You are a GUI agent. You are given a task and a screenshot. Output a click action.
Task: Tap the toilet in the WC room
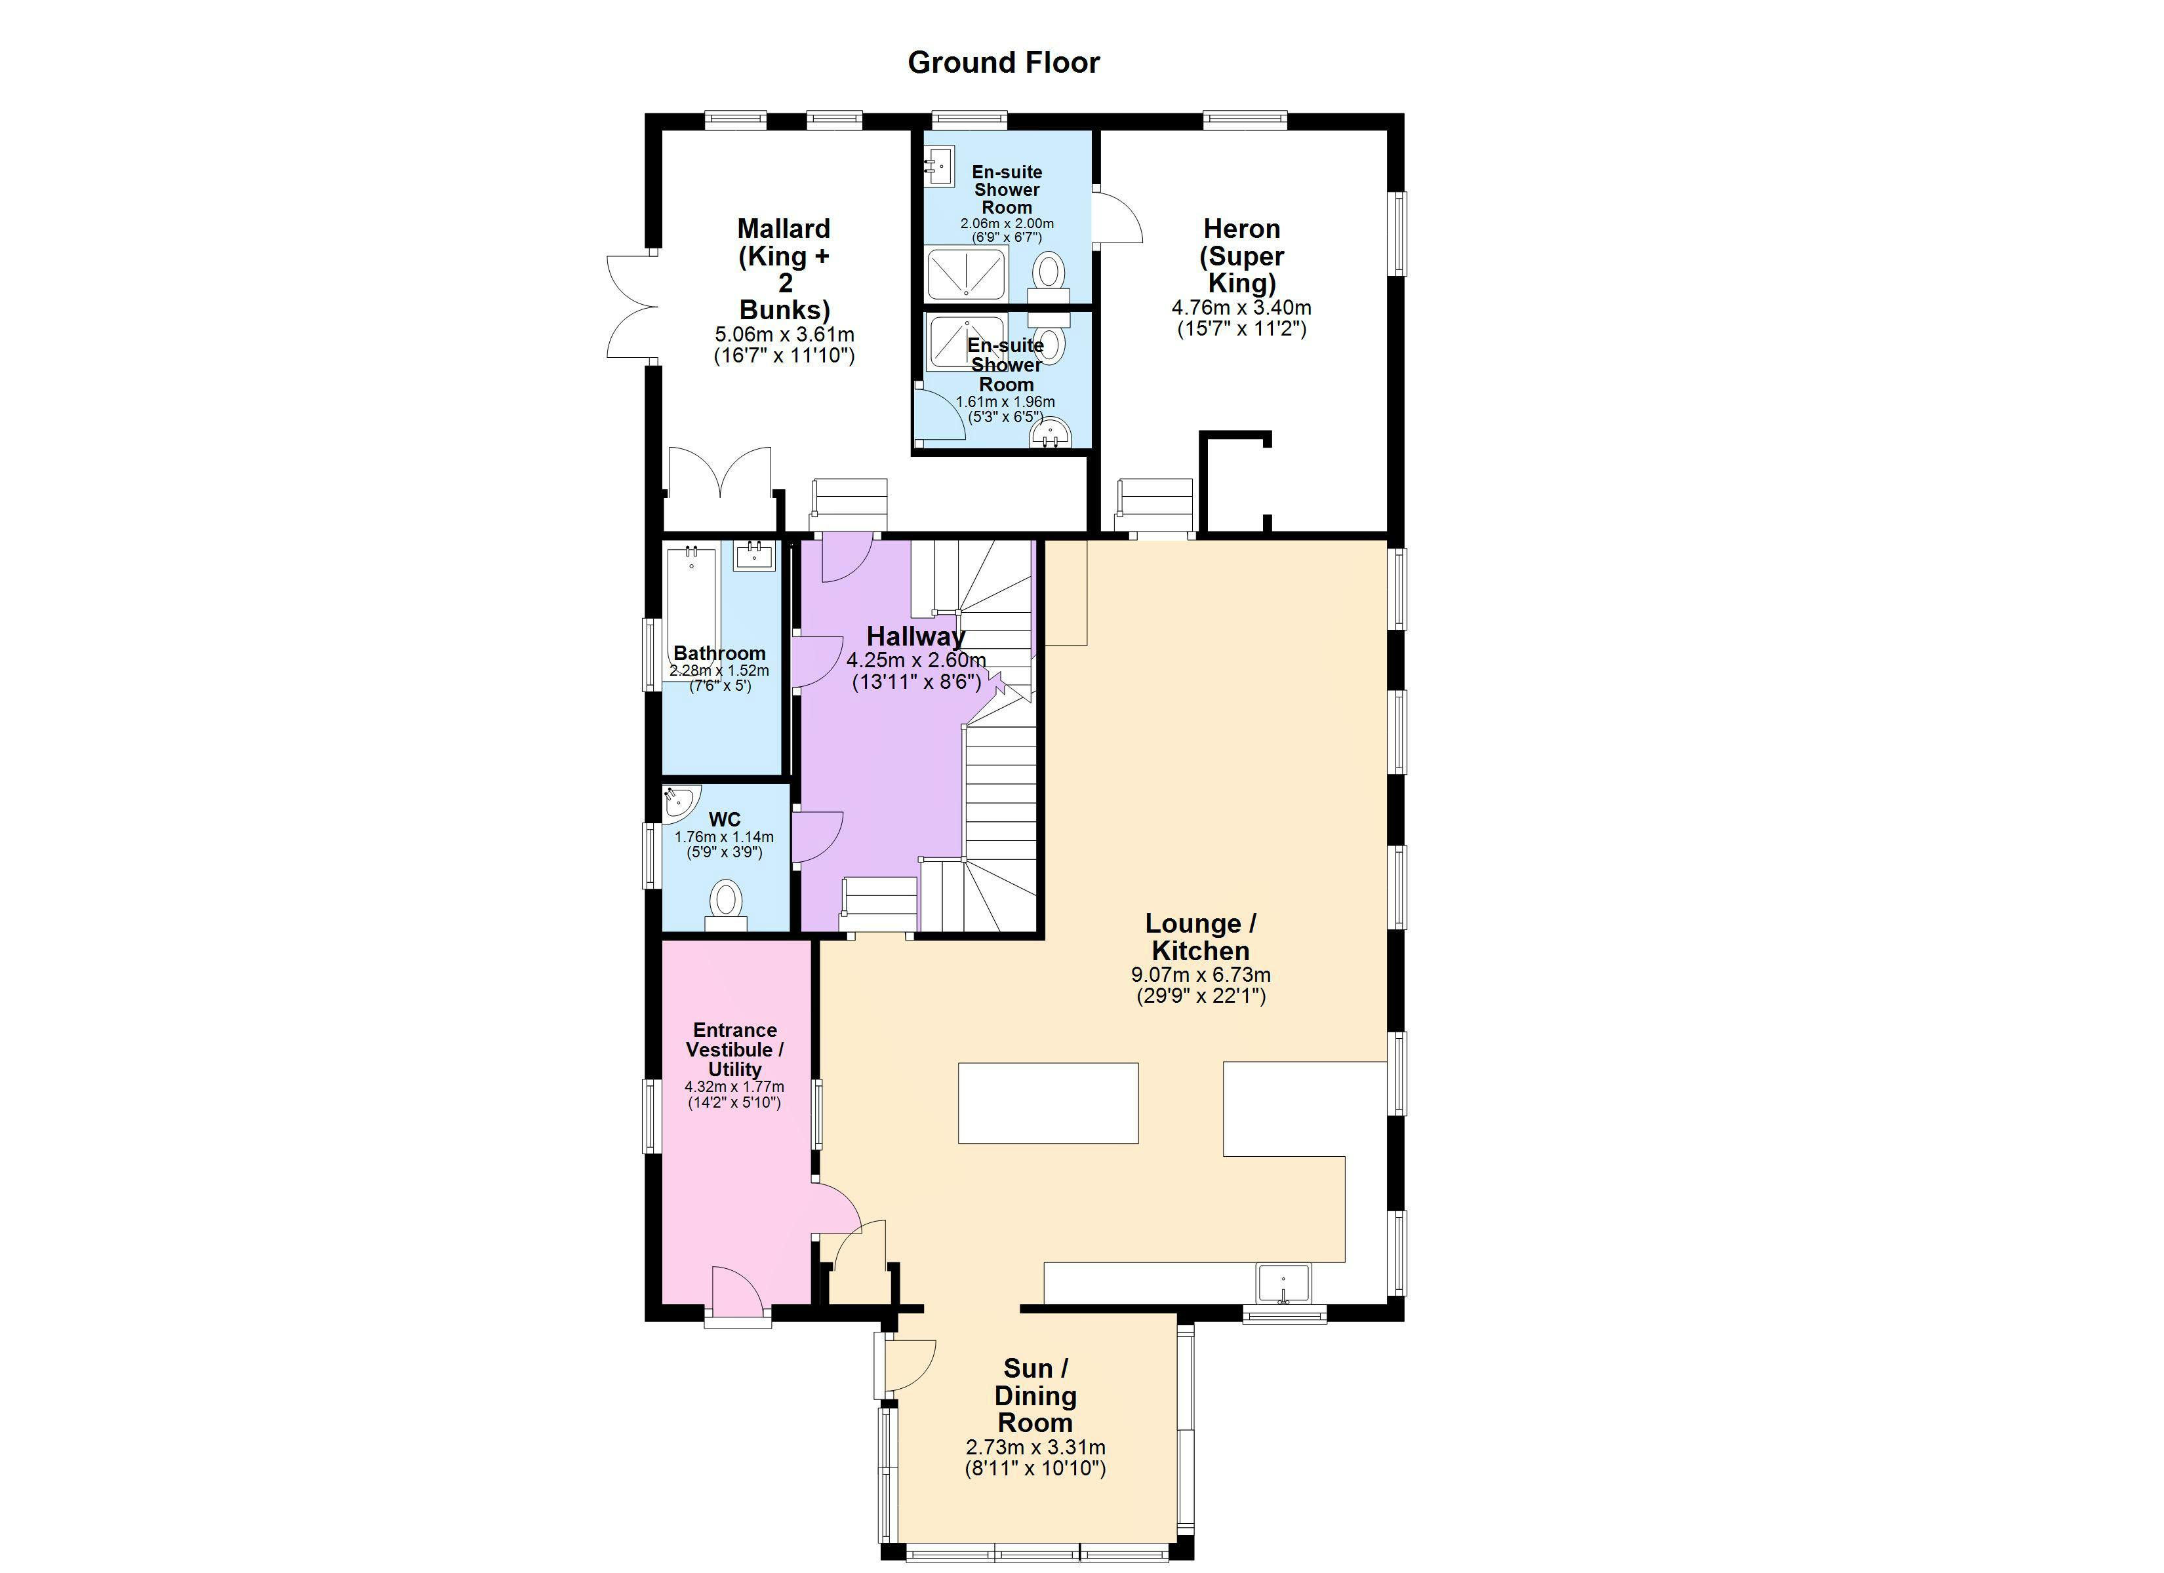point(726,904)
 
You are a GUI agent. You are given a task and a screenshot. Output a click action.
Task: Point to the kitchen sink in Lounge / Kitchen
point(1283,1283)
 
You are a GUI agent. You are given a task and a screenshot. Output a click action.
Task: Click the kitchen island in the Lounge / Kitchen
point(1048,1102)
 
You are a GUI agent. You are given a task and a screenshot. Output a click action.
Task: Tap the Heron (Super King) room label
point(1241,256)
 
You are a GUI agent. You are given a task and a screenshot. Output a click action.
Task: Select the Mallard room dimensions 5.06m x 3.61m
point(784,335)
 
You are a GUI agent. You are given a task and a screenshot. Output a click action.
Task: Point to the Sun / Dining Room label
point(1035,1395)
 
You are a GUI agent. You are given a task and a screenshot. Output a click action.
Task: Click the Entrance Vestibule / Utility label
point(734,1049)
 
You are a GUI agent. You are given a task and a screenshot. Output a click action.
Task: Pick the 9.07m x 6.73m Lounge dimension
point(1200,975)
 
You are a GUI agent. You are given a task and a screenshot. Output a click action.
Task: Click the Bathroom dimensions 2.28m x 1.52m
point(719,670)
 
